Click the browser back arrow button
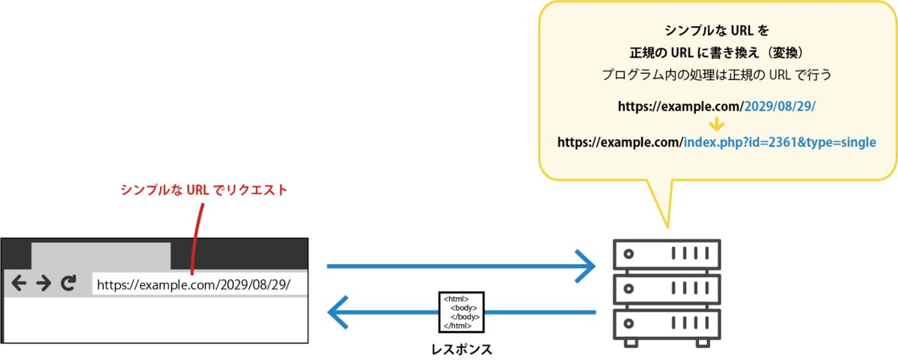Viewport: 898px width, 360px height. [19, 283]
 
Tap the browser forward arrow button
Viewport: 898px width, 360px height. [43, 283]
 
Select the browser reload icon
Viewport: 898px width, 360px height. [69, 283]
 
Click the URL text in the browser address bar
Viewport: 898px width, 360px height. [194, 284]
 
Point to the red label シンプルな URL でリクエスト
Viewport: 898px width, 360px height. [204, 189]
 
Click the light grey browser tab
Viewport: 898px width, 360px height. [101, 256]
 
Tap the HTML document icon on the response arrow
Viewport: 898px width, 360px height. [462, 312]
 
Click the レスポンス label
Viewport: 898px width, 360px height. [462, 350]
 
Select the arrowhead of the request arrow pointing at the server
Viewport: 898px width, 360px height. [586, 266]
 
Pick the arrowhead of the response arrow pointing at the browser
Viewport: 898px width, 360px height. [337, 312]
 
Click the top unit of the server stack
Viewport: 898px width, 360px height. [667, 254]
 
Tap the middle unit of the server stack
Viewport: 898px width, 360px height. [667, 289]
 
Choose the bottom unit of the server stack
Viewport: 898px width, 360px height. [667, 324]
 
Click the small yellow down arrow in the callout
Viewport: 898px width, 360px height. [716, 124]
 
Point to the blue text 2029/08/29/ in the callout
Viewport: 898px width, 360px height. [780, 106]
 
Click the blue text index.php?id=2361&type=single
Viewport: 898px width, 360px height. [780, 142]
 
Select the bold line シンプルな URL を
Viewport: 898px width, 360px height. [716, 31]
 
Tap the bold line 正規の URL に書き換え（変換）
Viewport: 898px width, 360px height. [716, 52]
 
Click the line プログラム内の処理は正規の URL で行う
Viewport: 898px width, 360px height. [716, 75]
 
